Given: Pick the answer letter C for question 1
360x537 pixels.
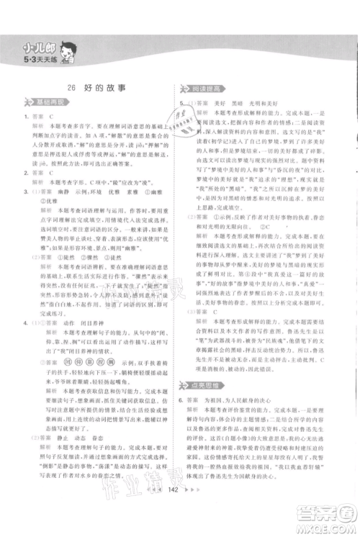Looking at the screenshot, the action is click(x=52, y=115).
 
